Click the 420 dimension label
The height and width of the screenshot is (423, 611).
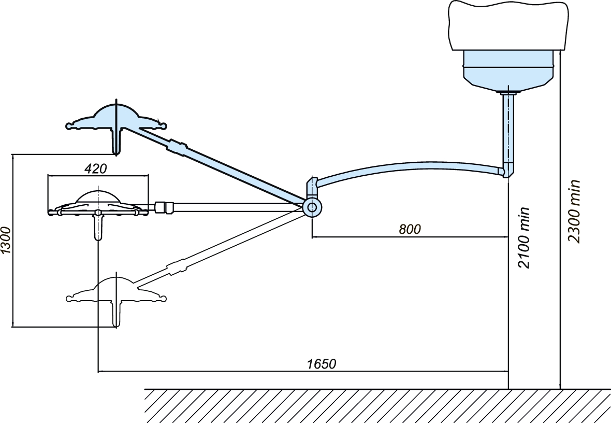coord(95,168)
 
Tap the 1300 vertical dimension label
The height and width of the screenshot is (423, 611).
coord(6,240)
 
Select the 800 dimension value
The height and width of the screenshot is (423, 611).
coord(410,229)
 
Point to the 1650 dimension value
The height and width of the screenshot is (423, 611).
coord(322,364)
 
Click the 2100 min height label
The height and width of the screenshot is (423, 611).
coord(524,237)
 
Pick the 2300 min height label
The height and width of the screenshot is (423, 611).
coord(574,211)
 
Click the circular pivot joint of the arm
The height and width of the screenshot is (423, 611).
coord(313,207)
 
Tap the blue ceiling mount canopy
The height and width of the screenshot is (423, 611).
coord(508,70)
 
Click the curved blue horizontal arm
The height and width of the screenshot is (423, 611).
coord(409,167)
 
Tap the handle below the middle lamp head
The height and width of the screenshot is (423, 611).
coord(98,228)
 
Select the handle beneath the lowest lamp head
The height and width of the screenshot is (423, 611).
coord(116,314)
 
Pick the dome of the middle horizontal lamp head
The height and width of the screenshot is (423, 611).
coord(98,196)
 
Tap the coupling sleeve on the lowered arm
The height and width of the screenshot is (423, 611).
coord(177,267)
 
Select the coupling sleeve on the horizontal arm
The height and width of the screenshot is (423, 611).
coord(165,207)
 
